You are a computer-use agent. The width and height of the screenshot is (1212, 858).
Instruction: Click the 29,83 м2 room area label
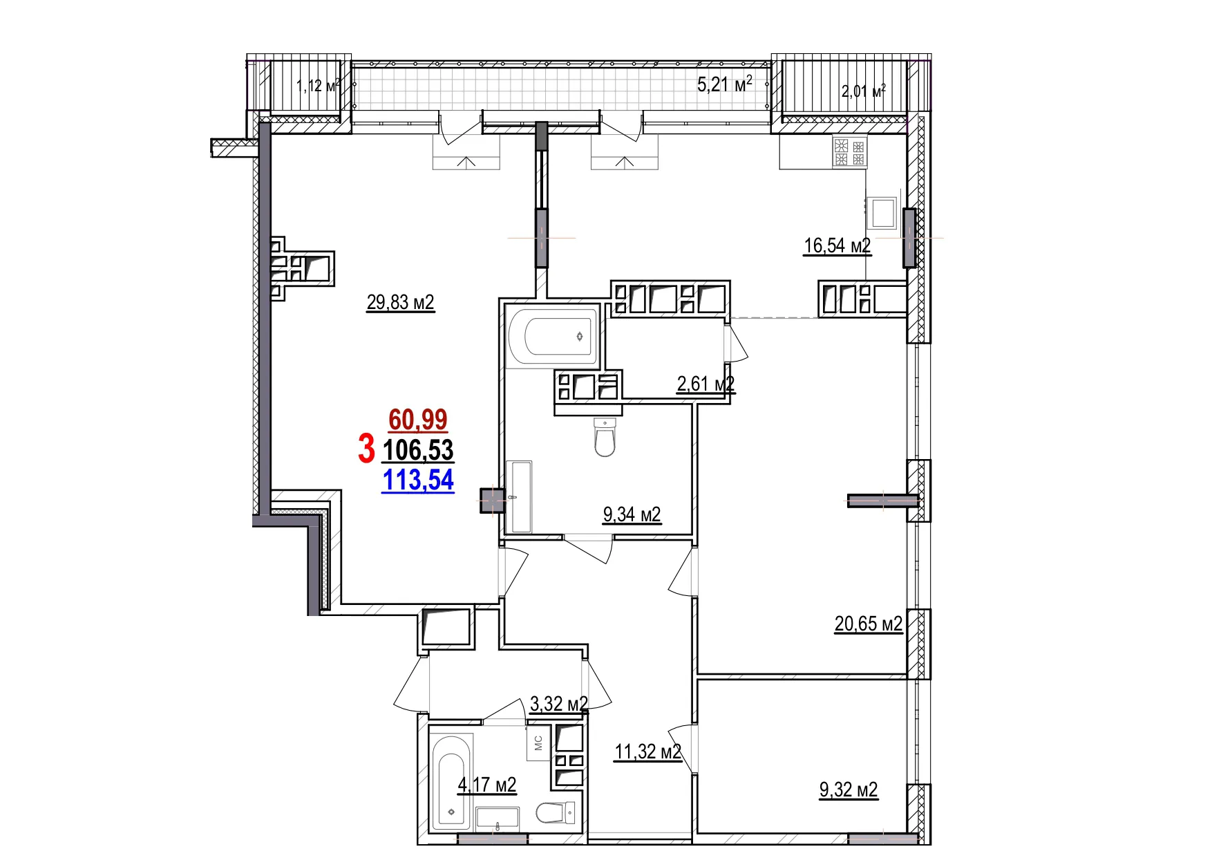(x=400, y=302)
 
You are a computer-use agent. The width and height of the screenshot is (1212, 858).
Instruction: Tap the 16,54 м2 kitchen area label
(x=837, y=245)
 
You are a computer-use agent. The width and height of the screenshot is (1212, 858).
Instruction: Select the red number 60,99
(x=417, y=420)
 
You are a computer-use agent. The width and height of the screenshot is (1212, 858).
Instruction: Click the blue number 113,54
(x=417, y=480)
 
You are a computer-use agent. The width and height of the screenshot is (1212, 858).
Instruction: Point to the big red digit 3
(x=366, y=449)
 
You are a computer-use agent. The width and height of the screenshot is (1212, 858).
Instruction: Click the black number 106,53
(x=417, y=450)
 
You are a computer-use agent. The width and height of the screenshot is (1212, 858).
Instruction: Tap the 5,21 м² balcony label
(x=724, y=85)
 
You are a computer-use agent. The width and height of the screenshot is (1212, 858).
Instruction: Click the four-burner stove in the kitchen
(x=849, y=152)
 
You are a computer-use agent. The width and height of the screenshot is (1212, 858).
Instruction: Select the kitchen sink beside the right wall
(x=882, y=213)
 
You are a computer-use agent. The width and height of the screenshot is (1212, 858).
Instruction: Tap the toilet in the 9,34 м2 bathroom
(x=605, y=438)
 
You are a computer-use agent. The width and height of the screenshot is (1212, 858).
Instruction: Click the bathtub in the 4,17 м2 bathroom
(x=451, y=781)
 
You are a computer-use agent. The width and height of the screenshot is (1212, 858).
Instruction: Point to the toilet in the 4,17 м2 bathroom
(x=555, y=812)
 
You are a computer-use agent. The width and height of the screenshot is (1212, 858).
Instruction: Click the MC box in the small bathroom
(x=538, y=743)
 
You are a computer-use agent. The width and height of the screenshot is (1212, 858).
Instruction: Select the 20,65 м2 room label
(x=868, y=624)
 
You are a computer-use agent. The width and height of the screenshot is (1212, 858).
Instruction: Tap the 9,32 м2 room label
(x=848, y=790)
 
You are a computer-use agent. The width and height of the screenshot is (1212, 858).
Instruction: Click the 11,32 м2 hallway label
(x=647, y=752)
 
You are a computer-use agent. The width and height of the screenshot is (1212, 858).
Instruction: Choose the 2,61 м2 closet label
(x=705, y=384)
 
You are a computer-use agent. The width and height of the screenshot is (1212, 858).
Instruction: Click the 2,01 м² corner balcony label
(x=863, y=91)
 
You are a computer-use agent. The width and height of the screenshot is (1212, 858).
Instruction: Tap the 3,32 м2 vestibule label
(x=558, y=705)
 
